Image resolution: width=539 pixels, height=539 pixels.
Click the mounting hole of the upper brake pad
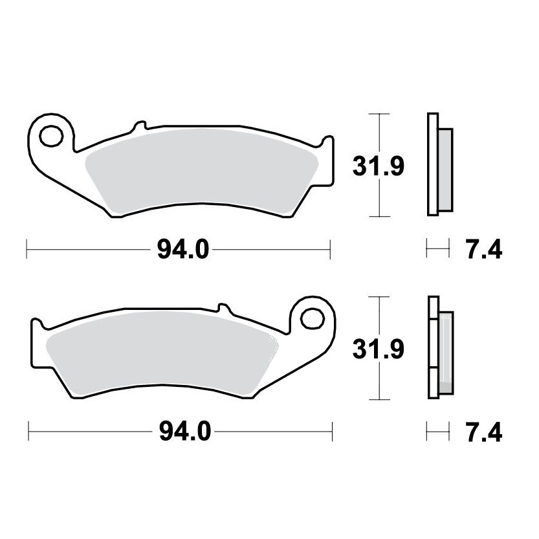click(x=52, y=136)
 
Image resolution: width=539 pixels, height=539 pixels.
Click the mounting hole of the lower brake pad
click(x=313, y=319)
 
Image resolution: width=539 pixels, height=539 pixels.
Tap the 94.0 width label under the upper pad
click(x=183, y=250)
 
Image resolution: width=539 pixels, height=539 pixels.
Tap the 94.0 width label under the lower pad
click(x=185, y=432)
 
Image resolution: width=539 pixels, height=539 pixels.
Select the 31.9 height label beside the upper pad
click(x=379, y=166)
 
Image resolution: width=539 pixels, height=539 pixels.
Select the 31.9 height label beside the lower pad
click(x=379, y=349)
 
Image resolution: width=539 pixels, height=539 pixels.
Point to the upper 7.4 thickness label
click(x=483, y=250)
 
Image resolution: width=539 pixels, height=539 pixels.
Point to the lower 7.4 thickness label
click(x=483, y=432)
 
